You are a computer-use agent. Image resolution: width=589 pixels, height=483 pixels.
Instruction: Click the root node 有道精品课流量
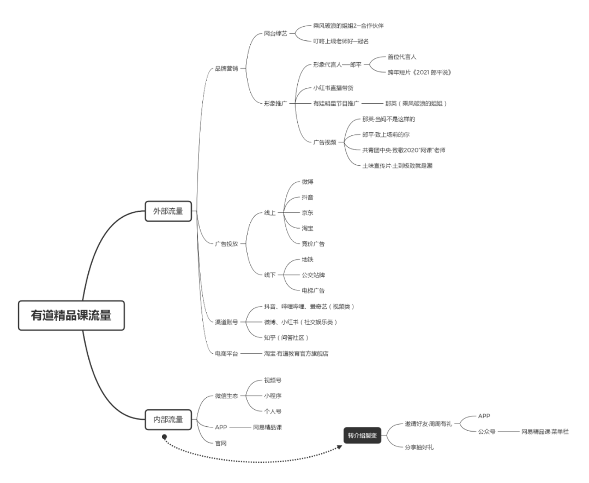point(70,315)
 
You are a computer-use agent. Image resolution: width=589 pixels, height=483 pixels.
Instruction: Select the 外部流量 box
point(168,211)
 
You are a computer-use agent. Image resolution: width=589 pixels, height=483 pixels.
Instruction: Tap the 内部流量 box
point(168,419)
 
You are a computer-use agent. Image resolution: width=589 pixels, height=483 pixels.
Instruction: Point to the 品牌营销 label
point(226,69)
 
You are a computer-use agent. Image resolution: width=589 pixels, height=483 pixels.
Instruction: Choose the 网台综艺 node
point(275,34)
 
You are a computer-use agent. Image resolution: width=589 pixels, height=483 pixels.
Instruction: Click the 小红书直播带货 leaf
point(336,88)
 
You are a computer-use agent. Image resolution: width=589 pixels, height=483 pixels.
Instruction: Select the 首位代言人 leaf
point(402,56)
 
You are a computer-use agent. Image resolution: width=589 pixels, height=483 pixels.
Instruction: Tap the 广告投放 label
point(226,243)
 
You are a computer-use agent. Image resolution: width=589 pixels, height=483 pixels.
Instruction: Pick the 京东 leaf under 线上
point(308,212)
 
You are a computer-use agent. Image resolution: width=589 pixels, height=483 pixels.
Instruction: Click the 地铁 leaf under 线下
point(308,259)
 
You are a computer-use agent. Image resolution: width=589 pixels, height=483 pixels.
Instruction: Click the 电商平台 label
point(226,354)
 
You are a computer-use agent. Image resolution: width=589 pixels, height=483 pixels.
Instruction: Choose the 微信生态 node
point(226,396)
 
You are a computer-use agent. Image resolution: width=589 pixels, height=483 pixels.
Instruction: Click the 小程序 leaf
point(273,395)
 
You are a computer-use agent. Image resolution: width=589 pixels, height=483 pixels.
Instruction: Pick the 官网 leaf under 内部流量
point(221,443)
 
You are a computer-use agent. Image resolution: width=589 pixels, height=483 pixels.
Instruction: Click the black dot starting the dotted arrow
point(164,437)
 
